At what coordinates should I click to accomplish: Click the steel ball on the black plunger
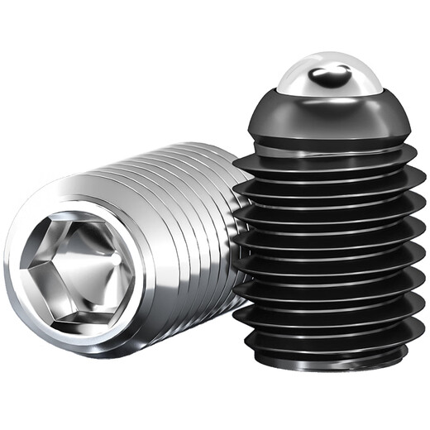[x=329, y=73]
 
